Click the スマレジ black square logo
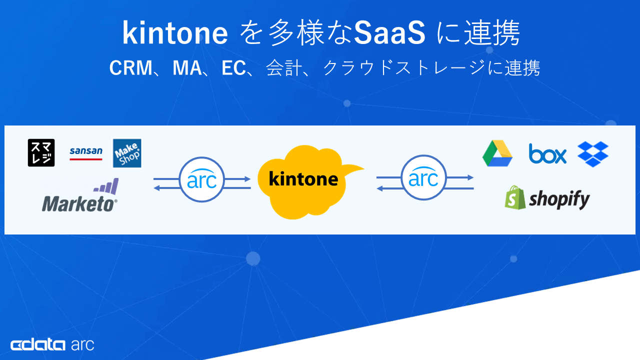[x=41, y=153]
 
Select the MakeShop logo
[x=127, y=153]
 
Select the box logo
[x=548, y=154]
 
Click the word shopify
[x=559, y=199]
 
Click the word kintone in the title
[x=175, y=33]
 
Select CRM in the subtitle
[x=130, y=68]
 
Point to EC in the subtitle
[x=234, y=68]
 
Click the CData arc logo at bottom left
[x=52, y=344]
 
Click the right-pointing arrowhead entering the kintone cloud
[x=247, y=178]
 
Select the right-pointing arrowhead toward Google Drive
[x=470, y=177]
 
